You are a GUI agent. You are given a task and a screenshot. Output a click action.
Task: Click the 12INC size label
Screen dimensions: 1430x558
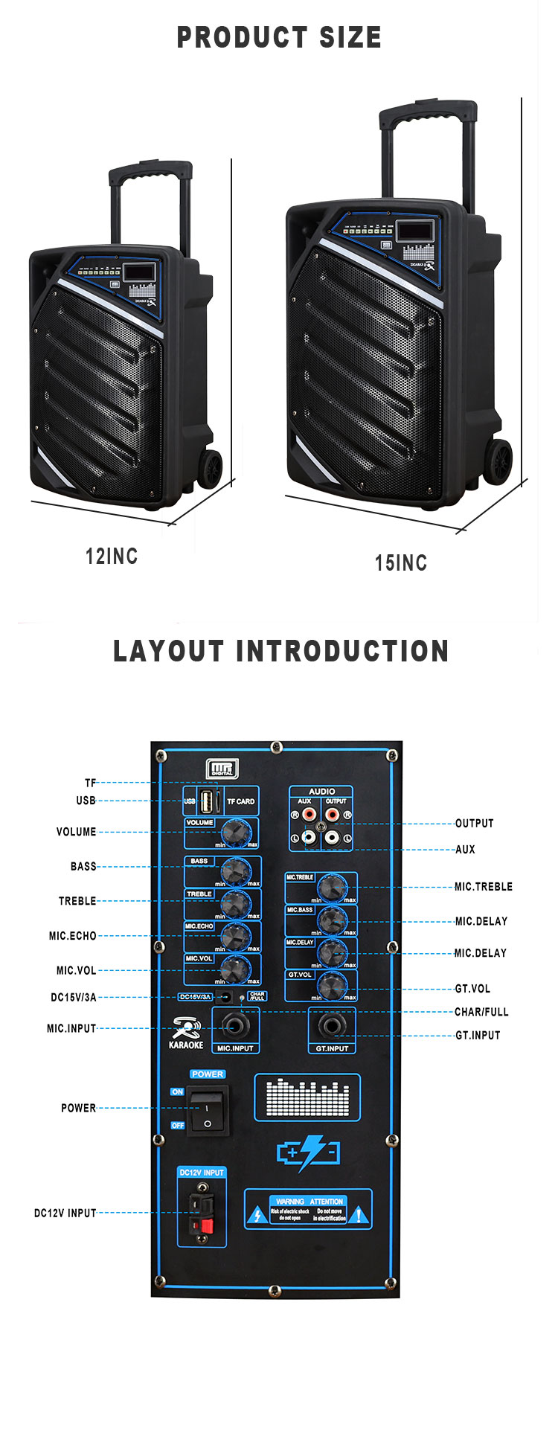[112, 556]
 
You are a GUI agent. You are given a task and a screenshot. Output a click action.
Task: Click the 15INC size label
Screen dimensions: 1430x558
[401, 562]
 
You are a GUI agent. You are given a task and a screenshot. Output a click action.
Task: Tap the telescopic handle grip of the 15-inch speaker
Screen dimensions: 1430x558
[427, 114]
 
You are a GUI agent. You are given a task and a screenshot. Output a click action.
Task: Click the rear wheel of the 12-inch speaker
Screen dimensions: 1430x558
[211, 468]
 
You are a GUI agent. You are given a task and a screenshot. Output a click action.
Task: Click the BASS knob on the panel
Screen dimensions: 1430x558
[236, 870]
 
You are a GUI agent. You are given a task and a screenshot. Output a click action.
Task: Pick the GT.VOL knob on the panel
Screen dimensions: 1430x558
[333, 986]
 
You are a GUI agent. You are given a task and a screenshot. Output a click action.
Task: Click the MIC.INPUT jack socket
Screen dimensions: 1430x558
[236, 1027]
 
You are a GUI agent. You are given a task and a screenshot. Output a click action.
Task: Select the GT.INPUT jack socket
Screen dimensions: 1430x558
[332, 1027]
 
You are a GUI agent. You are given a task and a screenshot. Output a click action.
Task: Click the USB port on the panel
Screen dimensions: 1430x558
[208, 801]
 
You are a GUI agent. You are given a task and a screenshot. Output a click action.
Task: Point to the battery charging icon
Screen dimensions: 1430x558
[308, 1152]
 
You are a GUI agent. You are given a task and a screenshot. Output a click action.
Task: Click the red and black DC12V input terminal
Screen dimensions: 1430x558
[202, 1213]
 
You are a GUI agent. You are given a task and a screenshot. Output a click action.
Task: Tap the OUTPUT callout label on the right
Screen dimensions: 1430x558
[475, 823]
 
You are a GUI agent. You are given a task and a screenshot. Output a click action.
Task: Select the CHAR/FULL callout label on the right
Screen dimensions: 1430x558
[481, 1012]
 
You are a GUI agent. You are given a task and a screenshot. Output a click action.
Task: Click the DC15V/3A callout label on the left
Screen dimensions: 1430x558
[73, 997]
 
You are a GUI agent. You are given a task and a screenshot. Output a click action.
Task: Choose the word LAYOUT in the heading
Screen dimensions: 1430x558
[167, 651]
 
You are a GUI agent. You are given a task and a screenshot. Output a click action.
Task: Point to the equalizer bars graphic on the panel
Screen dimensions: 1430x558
[307, 1097]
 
